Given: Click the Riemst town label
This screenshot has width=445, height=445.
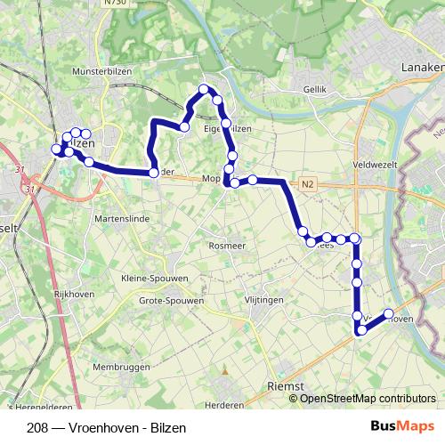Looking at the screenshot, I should [287, 387].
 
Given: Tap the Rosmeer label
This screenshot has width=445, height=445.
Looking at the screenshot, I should [226, 245].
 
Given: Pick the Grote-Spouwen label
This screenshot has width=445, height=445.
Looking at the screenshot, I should [171, 301].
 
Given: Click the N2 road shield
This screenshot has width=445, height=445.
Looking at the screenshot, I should [308, 185].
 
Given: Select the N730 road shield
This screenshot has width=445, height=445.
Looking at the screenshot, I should [114, 3].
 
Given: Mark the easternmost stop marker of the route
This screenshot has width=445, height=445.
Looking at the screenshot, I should [389, 313].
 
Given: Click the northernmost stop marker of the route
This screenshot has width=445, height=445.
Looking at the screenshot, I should [204, 88].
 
